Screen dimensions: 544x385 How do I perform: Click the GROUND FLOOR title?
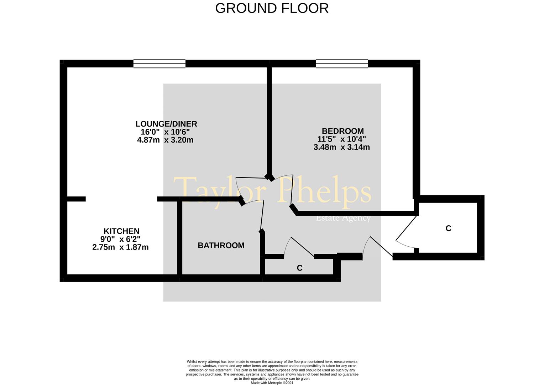coord(272,8)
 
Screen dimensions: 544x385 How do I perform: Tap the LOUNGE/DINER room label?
coord(166,124)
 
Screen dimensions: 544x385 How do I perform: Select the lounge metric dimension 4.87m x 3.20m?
coord(165,140)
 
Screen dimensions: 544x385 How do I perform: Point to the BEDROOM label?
coord(343,131)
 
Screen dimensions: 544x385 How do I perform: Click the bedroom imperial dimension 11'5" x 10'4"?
coord(341,139)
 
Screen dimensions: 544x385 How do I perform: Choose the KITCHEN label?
coord(121,231)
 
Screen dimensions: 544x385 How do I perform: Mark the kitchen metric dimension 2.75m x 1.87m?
coord(120,247)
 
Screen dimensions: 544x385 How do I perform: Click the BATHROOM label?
coord(221,245)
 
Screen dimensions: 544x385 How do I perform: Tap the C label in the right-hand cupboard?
coord(448,229)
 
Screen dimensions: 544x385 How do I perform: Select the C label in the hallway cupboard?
coord(299,268)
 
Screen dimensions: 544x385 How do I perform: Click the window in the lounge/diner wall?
coord(159,63)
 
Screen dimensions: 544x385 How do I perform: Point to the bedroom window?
coord(342,63)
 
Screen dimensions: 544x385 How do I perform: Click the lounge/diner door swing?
coord(251,178)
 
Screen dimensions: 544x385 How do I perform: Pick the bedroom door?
coord(292,190)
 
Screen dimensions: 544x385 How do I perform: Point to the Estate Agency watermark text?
coord(343,218)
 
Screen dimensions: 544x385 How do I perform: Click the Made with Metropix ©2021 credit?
coord(272,383)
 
